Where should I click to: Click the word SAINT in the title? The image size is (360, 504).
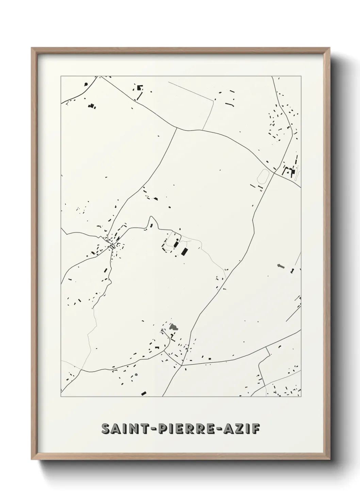(x=123, y=429)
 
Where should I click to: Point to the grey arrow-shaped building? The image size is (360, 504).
(x=280, y=266)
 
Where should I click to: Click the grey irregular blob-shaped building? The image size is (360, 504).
(x=174, y=328)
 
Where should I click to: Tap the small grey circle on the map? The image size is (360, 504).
(x=136, y=375)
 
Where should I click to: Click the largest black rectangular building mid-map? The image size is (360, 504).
(x=185, y=252)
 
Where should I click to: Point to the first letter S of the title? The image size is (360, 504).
(x=105, y=429)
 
